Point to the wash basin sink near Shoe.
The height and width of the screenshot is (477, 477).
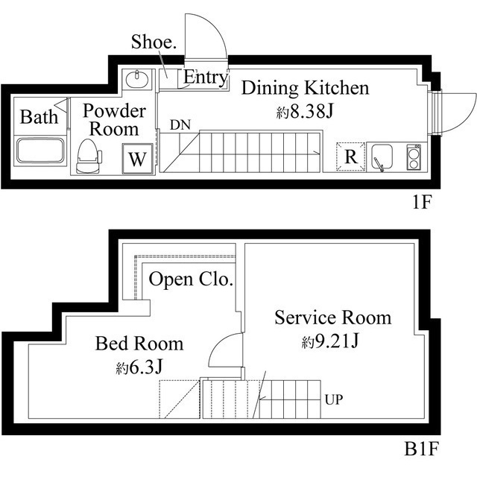137,79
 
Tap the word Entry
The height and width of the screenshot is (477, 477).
205,77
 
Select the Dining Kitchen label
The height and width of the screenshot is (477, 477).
305,89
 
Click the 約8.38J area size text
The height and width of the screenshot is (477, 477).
304,113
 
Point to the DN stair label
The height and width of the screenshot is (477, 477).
180,124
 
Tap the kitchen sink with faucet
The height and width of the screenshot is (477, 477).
382,158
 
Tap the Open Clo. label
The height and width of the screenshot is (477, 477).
191,280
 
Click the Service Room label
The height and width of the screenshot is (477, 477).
332,318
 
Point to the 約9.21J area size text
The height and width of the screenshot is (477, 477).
332,341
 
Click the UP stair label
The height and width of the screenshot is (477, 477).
333,399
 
